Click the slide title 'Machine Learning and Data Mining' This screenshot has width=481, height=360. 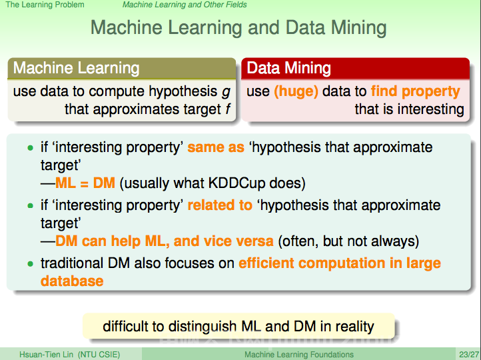click(x=239, y=28)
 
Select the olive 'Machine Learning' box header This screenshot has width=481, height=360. click(x=122, y=68)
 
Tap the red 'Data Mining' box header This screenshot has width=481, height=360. click(x=356, y=68)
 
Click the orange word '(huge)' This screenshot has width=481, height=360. click(x=296, y=91)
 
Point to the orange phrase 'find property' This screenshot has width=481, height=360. click(x=416, y=91)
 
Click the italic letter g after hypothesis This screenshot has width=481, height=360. click(x=226, y=92)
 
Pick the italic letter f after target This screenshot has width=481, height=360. click(x=228, y=109)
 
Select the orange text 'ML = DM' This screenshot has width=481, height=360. click(x=85, y=183)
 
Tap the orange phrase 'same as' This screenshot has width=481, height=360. click(x=216, y=147)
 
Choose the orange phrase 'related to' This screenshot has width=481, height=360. click(x=220, y=205)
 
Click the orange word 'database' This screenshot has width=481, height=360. click(x=72, y=281)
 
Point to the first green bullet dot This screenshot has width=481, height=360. click(x=30, y=148)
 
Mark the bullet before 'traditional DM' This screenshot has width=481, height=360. click(x=30, y=263)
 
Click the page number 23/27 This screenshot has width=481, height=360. click(x=469, y=355)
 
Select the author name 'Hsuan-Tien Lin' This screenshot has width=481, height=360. click(x=47, y=355)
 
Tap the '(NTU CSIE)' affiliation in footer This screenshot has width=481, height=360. click(x=99, y=355)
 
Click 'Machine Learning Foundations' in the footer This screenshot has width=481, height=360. click(x=298, y=355)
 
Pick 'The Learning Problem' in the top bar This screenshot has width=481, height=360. click(x=45, y=5)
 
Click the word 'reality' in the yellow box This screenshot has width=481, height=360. click(x=354, y=327)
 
